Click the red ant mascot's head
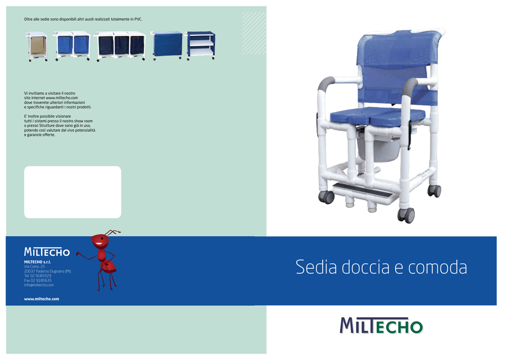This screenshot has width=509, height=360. pos(100,241)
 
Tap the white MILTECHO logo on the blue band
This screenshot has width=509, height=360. pos(47,252)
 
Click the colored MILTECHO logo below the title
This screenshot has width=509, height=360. pos(381,326)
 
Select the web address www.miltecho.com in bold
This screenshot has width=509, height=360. pos(42,299)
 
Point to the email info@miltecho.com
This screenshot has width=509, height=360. pos(39,285)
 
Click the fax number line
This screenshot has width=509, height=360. pos(38,280)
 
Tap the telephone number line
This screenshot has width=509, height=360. pos(38,276)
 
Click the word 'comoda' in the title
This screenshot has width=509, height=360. pos(437,268)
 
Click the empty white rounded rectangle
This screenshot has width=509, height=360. pos(73,192)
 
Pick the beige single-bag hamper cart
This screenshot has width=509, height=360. pos(37,46)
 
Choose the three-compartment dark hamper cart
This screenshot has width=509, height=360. pos(120,46)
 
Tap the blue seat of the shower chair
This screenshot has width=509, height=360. pos(377,116)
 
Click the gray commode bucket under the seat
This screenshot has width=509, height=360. pos(378,149)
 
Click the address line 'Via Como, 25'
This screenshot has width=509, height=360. pos(34,267)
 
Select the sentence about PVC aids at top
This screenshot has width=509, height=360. pos(83,19)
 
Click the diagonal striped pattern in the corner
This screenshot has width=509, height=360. pos(254,33)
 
